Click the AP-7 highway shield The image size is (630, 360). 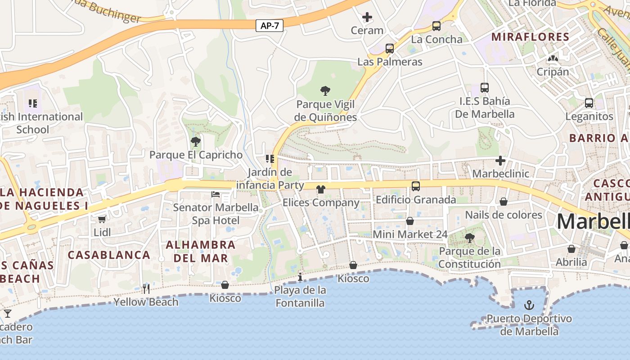[x=270, y=26]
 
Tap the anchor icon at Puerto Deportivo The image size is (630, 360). [x=529, y=306]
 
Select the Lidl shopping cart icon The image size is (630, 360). [x=102, y=219]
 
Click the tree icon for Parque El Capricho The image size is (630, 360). [x=195, y=142]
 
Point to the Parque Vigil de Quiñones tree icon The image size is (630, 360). [x=325, y=91]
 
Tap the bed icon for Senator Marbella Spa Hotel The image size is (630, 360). [x=216, y=194]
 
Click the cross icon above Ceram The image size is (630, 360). [x=367, y=18]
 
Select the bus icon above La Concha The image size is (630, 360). [x=436, y=26]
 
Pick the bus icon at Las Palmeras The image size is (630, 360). [x=390, y=49]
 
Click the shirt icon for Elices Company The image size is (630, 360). [x=320, y=189]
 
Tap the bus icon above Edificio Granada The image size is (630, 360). [x=416, y=186]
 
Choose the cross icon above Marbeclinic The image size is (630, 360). [x=500, y=161]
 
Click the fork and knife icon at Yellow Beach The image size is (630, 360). [x=146, y=288]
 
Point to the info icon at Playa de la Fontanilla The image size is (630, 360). [x=300, y=276]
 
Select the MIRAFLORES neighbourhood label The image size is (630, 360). [x=530, y=37]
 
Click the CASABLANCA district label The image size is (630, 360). [x=109, y=255]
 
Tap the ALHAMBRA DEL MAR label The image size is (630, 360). [x=201, y=252]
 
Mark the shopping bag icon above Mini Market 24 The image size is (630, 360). [x=409, y=221]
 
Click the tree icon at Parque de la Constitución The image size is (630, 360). [x=469, y=238]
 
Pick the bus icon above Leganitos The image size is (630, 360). [x=589, y=103]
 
